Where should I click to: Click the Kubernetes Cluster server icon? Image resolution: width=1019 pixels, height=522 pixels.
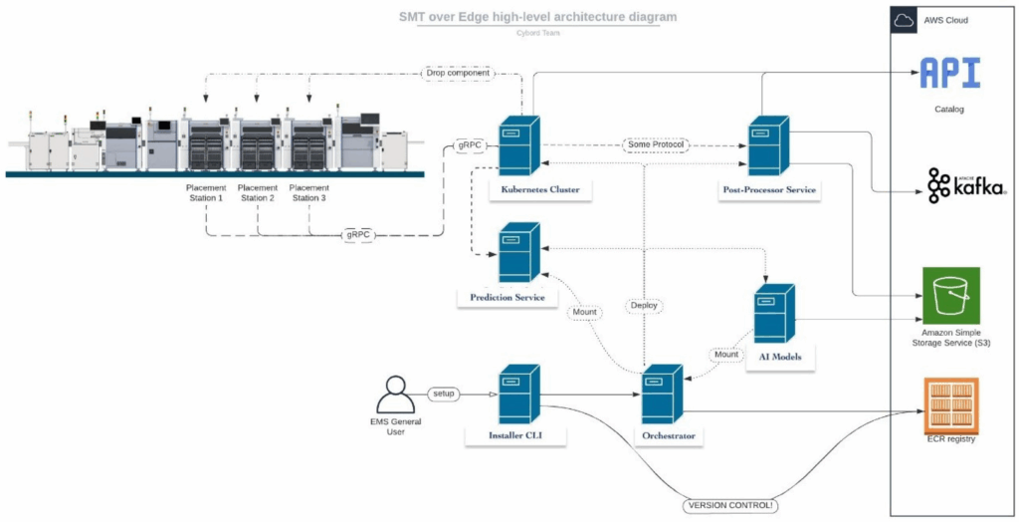[x=518, y=146]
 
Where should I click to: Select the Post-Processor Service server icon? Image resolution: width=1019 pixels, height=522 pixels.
[x=768, y=146]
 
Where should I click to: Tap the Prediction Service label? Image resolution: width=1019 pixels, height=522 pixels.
[x=508, y=297]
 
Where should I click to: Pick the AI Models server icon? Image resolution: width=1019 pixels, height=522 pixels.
[x=774, y=314]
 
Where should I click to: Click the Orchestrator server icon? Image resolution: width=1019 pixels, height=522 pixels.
[x=662, y=394]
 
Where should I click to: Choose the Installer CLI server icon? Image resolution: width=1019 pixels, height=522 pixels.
[x=517, y=394]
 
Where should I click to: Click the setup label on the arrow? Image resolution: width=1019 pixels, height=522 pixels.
[x=443, y=393]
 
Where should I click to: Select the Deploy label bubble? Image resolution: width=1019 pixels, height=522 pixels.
[x=645, y=305]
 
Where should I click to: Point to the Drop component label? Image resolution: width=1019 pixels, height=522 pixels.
[x=457, y=73]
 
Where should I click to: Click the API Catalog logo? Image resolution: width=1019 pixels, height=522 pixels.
[x=949, y=75]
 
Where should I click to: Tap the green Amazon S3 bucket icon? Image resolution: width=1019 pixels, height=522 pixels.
[x=951, y=296]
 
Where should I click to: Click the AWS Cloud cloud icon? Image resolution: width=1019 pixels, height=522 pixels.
[x=905, y=20]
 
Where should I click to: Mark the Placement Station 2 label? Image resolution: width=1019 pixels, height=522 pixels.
[x=257, y=192]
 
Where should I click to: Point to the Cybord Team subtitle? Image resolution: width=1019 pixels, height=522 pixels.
[x=537, y=33]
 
